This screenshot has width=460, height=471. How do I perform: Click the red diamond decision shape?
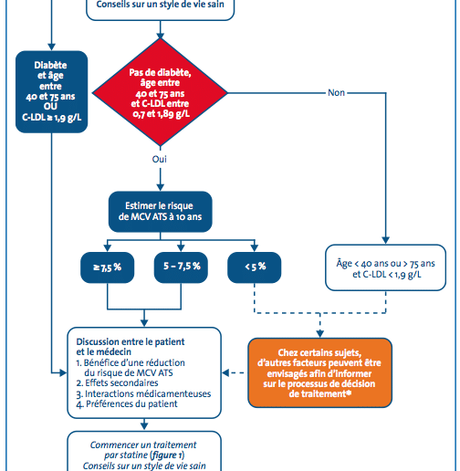[x=160, y=92]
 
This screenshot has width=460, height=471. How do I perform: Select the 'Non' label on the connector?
[x=336, y=92]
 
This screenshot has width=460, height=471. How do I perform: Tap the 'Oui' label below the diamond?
[x=160, y=159]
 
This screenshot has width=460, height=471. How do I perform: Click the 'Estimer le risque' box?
[x=161, y=212]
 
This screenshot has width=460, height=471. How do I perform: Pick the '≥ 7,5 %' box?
[x=107, y=267]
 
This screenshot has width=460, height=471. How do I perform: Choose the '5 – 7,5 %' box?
[x=181, y=267]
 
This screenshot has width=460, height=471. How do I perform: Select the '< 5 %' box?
[x=255, y=267]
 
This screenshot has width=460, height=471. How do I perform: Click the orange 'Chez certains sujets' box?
[x=319, y=372]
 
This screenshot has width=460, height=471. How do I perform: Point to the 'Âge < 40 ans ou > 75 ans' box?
[x=385, y=267]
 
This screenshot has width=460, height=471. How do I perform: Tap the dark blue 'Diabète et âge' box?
[x=51, y=91]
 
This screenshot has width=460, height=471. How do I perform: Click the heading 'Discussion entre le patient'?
[x=131, y=341]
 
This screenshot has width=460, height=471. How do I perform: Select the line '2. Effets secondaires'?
[x=117, y=382]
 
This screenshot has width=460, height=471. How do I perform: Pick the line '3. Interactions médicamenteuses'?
[x=143, y=393]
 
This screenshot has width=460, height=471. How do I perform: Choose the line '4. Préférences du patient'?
[x=127, y=404]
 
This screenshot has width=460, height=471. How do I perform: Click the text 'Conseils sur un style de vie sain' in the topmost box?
[x=161, y=5]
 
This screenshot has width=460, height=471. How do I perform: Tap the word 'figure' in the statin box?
[x=164, y=455]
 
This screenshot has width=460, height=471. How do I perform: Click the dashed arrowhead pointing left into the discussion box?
[x=225, y=372]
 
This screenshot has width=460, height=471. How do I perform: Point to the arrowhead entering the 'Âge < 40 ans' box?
[x=385, y=240]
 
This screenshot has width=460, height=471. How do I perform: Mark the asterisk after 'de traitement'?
[x=349, y=392]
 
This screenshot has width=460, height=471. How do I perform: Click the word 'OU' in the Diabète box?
[x=50, y=106]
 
